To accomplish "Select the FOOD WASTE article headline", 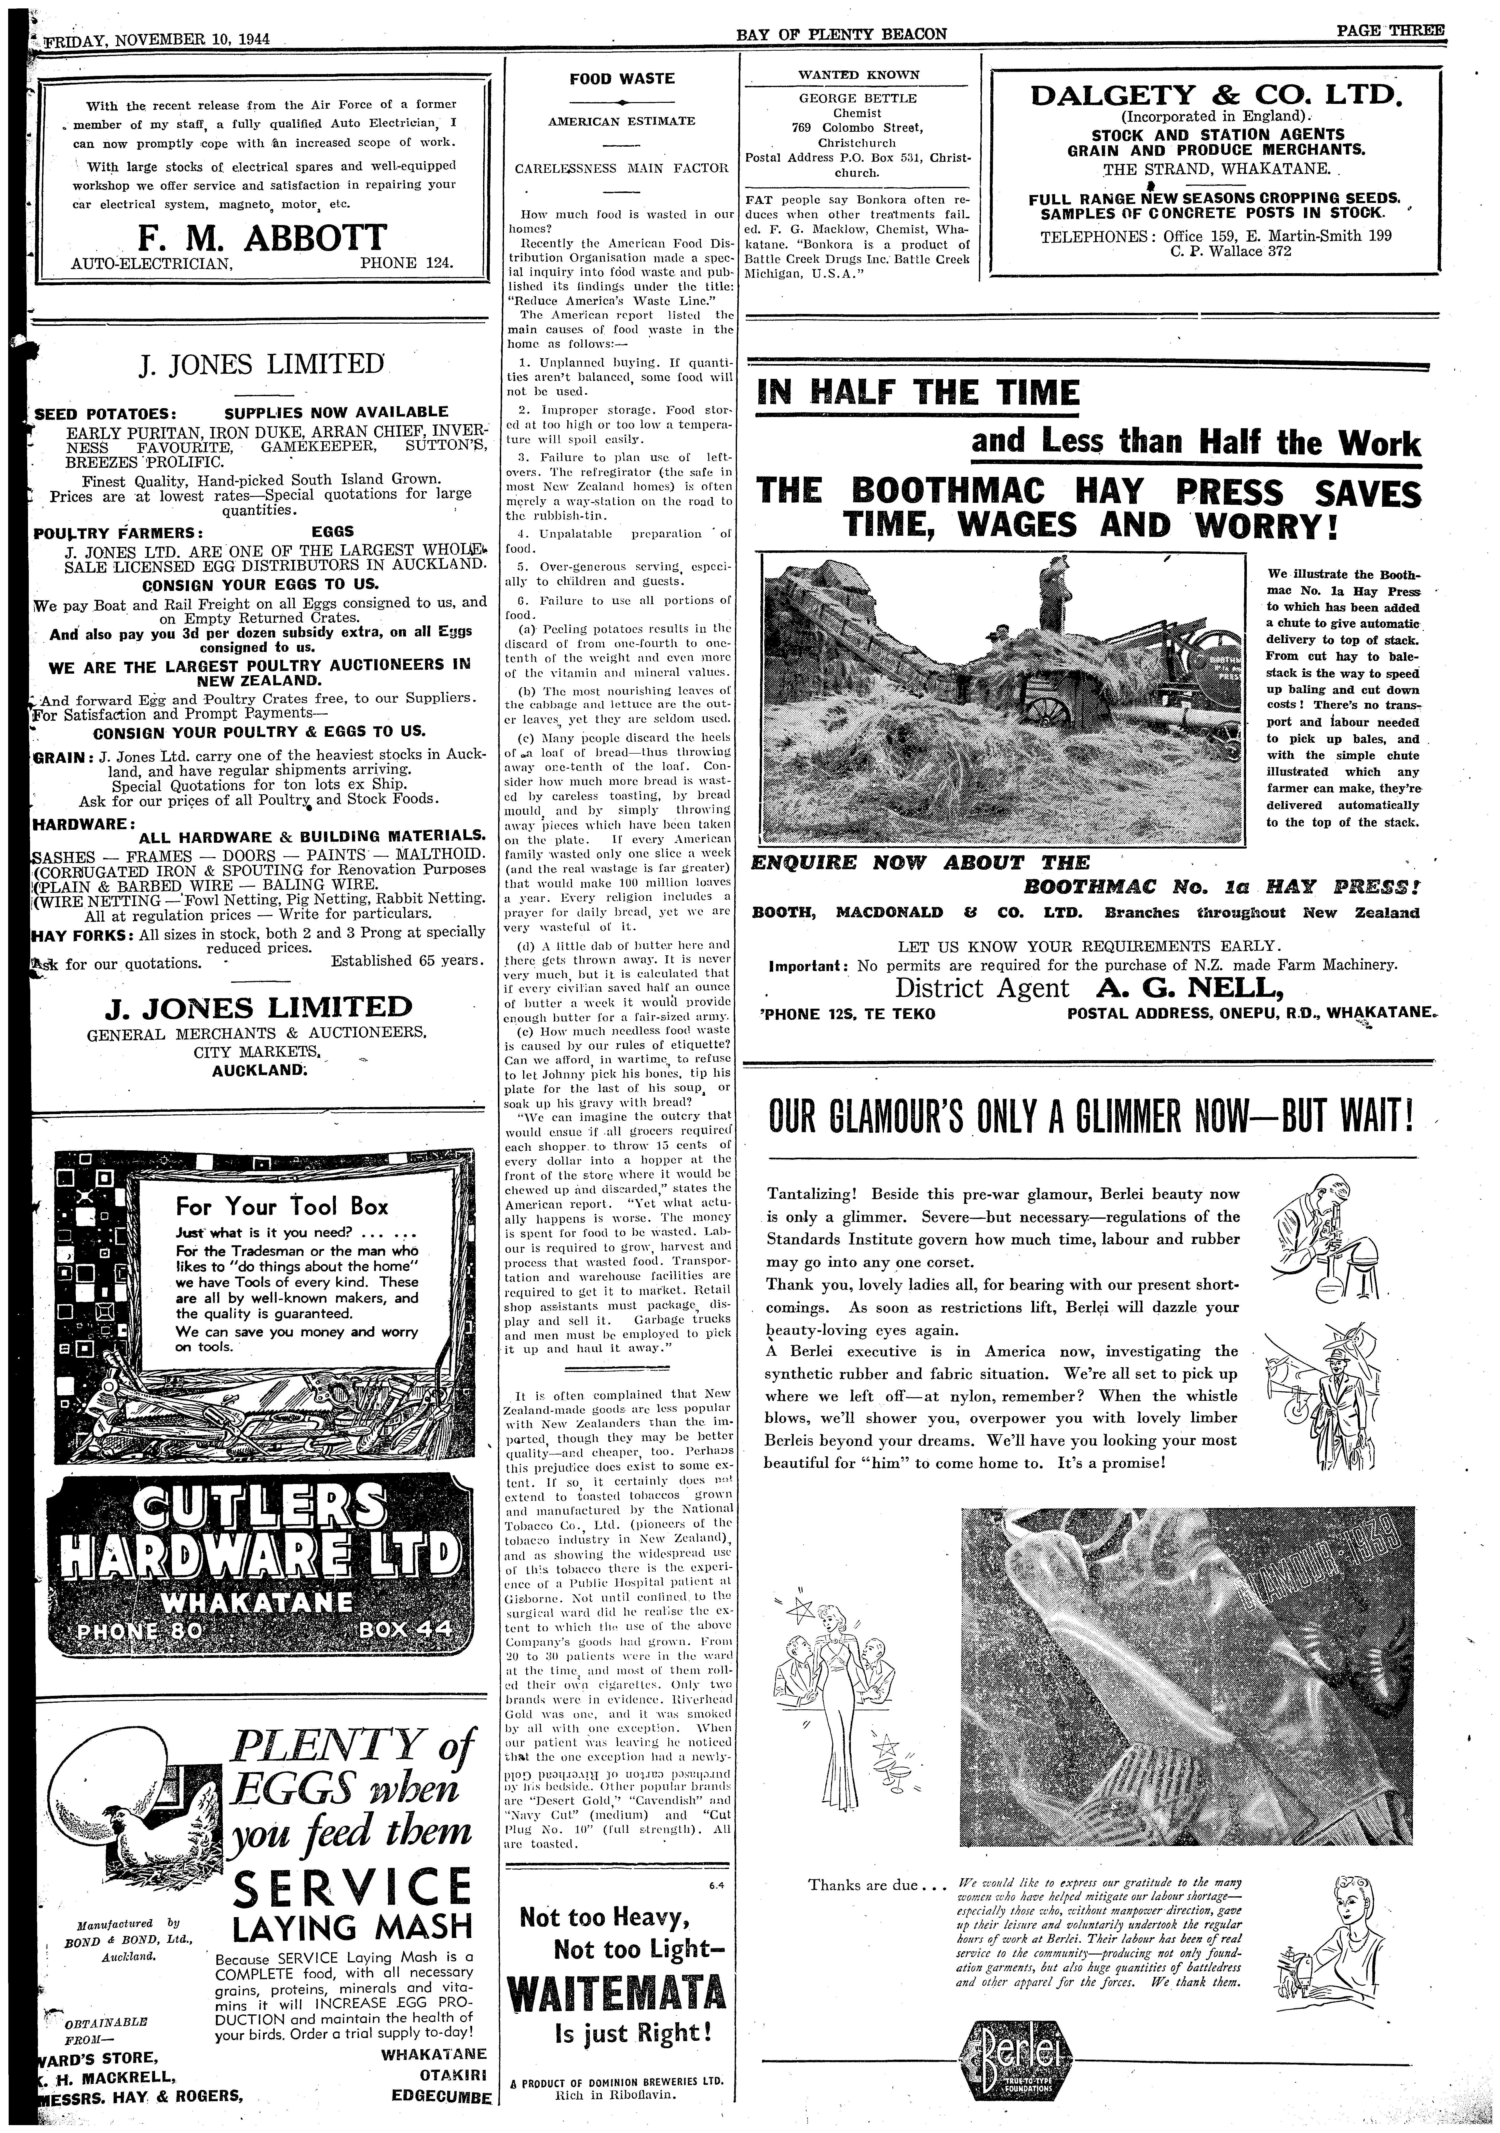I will click(622, 79).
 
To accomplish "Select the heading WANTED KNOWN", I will click(859, 74).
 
